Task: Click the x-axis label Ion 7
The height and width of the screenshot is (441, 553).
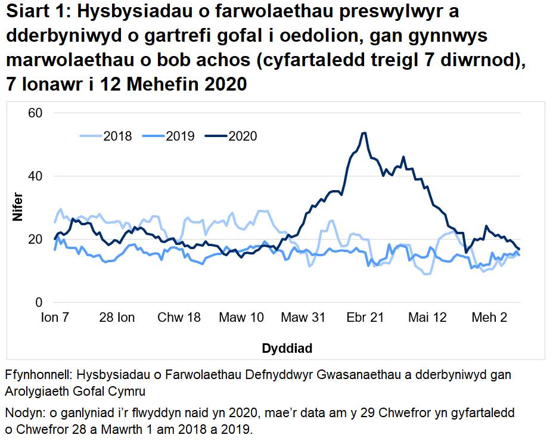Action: pos(55,318)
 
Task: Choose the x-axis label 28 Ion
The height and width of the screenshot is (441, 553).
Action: pos(117,318)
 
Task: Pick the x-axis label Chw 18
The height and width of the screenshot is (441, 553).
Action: pos(179,318)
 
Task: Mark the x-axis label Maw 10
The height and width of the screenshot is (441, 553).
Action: pos(241,318)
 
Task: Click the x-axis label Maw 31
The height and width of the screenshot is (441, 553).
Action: pos(303,318)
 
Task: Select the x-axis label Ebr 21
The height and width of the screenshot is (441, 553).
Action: pos(365,318)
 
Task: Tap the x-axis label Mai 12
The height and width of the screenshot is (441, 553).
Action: pos(427,318)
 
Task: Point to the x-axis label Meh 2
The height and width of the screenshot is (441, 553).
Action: pos(489,318)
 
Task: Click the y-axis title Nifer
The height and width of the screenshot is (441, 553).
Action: pos(18,207)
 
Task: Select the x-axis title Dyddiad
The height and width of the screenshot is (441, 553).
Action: pos(287,348)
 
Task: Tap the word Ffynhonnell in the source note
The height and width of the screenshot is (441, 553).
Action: pos(37,375)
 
